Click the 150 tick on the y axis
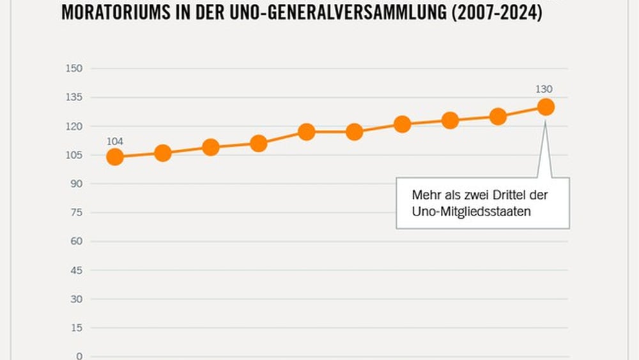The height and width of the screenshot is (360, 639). (75, 68)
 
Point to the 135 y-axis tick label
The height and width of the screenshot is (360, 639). (75, 97)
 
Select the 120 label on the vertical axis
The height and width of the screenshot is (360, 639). (75, 126)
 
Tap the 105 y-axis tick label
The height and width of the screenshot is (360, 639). (75, 155)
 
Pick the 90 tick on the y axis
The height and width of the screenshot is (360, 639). (77, 184)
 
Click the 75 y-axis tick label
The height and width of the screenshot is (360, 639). (77, 212)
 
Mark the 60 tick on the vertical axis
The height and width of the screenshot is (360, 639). (77, 241)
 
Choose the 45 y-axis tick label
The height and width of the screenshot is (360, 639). (77, 270)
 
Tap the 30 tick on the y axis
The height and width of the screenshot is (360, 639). (77, 299)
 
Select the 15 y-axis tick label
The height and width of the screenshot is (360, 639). (77, 327)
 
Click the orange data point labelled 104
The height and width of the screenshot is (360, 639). (115, 157)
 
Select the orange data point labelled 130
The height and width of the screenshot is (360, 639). (546, 107)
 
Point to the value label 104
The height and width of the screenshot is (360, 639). (115, 141)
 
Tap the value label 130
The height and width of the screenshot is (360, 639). (544, 90)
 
